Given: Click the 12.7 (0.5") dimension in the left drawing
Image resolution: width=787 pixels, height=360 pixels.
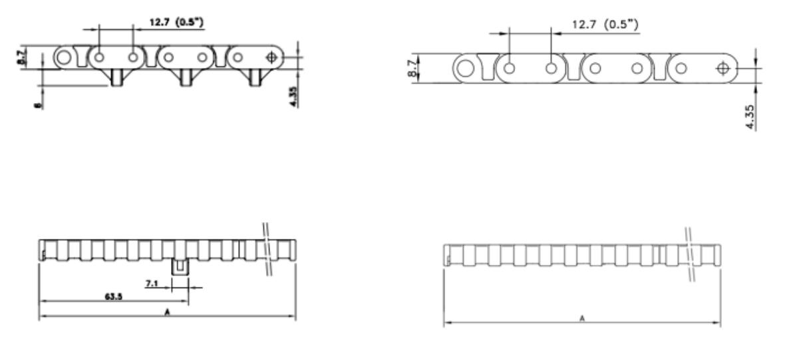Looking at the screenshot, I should pos(175,23).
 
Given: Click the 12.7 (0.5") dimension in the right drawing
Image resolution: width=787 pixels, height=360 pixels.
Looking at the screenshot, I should pos(605,25).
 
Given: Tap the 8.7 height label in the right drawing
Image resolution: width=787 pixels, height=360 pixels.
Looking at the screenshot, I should pos(416,69).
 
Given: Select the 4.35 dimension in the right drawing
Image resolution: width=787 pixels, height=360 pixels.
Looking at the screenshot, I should pos(750,116).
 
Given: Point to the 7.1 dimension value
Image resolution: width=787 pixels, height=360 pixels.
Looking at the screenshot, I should pos(152,284).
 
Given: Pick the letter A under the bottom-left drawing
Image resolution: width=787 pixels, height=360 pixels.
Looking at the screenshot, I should pos(167,311).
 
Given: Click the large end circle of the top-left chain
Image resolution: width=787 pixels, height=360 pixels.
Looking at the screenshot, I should pos(64,57).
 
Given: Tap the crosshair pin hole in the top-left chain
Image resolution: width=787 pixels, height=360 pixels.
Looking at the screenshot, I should pos(271,57).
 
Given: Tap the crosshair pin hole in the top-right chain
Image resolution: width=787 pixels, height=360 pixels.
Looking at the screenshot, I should pos(723,68).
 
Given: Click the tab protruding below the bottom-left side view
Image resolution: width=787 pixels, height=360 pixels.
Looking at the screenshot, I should pos(179,267).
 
